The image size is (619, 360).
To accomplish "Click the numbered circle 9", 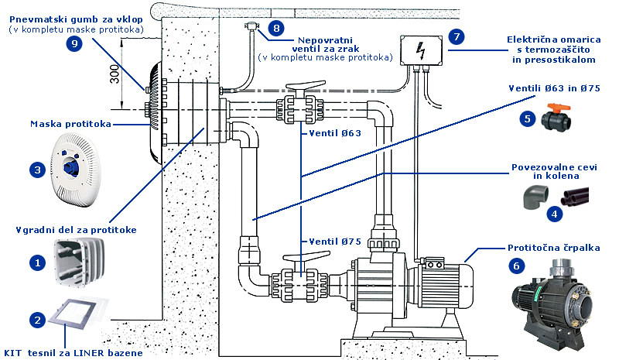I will click(x=74, y=46).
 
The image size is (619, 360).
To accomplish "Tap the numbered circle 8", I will click(x=275, y=29).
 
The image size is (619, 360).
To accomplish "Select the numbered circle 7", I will click(x=457, y=36).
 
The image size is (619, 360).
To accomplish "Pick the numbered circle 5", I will click(x=528, y=118).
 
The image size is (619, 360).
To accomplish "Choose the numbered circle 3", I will click(x=36, y=168).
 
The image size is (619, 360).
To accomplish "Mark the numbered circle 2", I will click(x=36, y=318).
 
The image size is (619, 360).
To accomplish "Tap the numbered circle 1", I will click(x=36, y=263).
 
